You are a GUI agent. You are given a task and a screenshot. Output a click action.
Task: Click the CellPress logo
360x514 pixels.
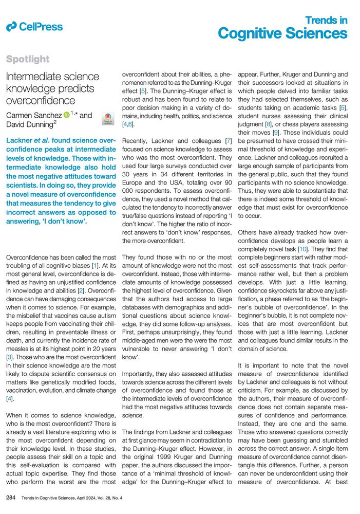pos(34,27)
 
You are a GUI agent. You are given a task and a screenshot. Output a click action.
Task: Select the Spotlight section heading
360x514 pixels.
pos(28,60)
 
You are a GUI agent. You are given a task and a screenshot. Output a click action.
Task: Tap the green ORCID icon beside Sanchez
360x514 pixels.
pos(67,116)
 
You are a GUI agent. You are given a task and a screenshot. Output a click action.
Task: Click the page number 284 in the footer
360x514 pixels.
pos(11,498)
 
